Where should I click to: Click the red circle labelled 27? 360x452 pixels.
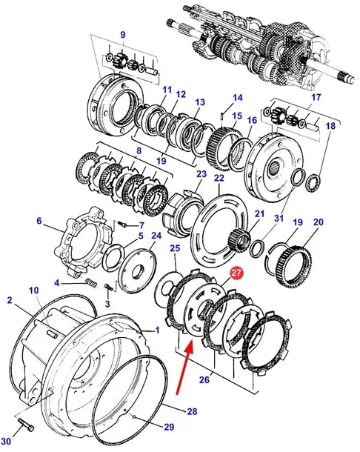[236, 273]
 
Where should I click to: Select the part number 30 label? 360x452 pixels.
[6, 442]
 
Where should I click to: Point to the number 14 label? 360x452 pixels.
[238, 97]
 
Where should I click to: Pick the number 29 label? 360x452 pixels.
[169, 427]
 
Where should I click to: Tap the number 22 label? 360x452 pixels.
[219, 178]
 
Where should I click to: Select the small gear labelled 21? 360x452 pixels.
[238, 238]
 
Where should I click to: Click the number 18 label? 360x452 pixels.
[331, 126]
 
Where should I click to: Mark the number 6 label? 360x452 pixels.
[39, 221]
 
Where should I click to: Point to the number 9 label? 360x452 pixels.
[123, 35]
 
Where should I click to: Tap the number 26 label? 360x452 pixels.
[204, 379]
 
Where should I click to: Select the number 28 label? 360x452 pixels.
[192, 411]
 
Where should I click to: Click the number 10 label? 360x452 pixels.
[34, 290]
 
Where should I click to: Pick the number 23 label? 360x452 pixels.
[201, 173]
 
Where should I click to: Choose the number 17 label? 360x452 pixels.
[316, 97]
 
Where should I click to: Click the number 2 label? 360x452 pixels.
[10, 300]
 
